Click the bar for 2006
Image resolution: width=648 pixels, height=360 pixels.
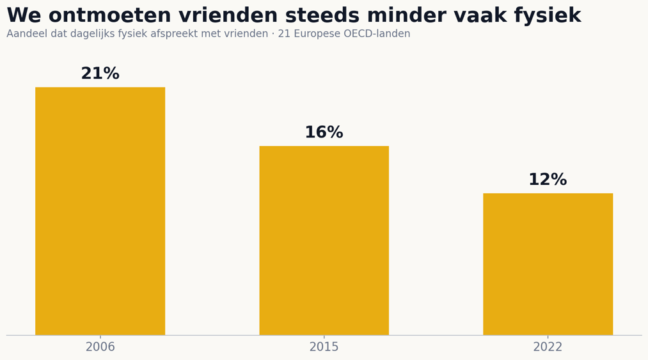(x=100, y=211)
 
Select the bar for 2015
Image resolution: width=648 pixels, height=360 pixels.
(x=324, y=240)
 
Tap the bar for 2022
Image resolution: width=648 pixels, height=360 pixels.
(x=548, y=263)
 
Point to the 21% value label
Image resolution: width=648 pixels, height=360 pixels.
(x=100, y=74)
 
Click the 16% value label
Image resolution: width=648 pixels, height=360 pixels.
(x=324, y=132)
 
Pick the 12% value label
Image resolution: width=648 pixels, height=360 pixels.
(x=548, y=180)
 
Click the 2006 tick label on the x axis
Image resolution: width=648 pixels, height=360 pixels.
(x=100, y=347)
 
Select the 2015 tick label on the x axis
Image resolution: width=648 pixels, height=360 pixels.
(x=324, y=347)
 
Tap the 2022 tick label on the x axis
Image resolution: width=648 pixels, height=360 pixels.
(x=548, y=347)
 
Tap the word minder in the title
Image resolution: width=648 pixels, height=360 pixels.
(x=399, y=16)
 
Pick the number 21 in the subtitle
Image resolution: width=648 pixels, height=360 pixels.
(x=284, y=33)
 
